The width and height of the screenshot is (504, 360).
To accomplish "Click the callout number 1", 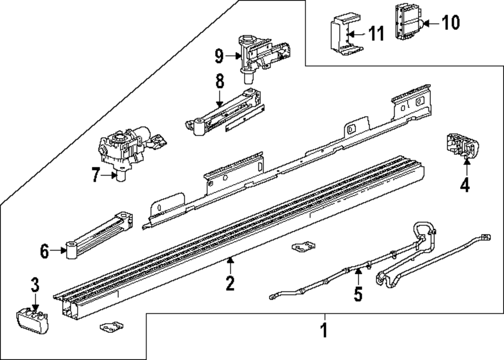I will [x=325, y=331].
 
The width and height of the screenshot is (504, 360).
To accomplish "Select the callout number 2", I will [x=230, y=283].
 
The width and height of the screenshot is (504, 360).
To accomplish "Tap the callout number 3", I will [x=34, y=285].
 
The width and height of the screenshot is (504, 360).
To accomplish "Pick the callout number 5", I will [x=358, y=294].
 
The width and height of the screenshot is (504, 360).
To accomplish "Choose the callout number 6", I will [x=45, y=251].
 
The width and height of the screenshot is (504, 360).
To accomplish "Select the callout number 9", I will [x=219, y=56].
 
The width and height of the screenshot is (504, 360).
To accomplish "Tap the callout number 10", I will [x=451, y=22].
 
